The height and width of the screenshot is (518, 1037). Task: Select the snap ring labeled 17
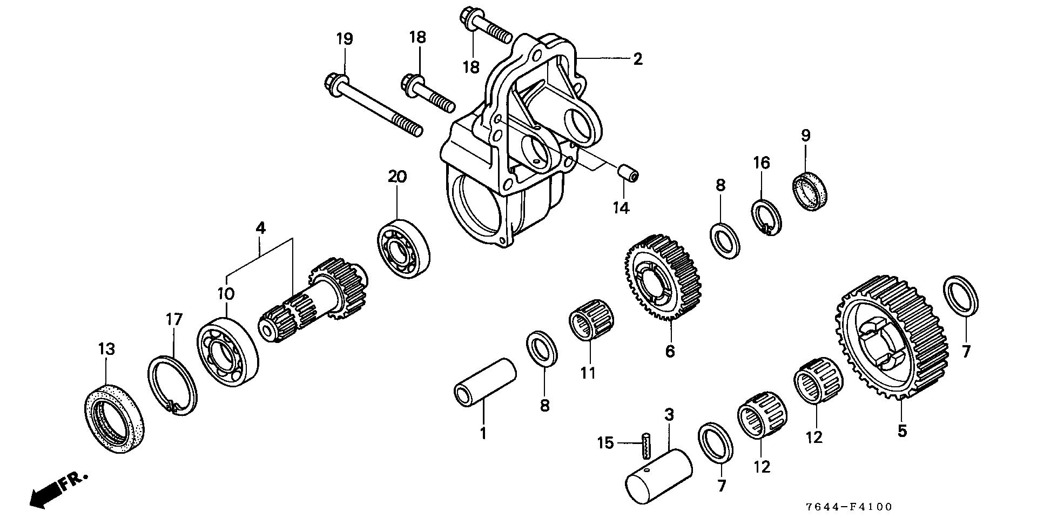(172, 386)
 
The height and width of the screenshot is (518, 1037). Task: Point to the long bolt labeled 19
(373, 113)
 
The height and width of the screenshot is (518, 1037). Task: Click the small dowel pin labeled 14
(628, 174)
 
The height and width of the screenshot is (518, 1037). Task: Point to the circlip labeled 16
(767, 217)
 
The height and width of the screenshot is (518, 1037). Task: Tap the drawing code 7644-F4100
(849, 507)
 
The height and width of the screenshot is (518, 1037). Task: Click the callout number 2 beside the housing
(638, 58)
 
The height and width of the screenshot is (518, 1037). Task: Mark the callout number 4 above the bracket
(260, 228)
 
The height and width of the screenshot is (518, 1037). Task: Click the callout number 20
(397, 176)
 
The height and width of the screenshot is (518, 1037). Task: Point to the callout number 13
(106, 349)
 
